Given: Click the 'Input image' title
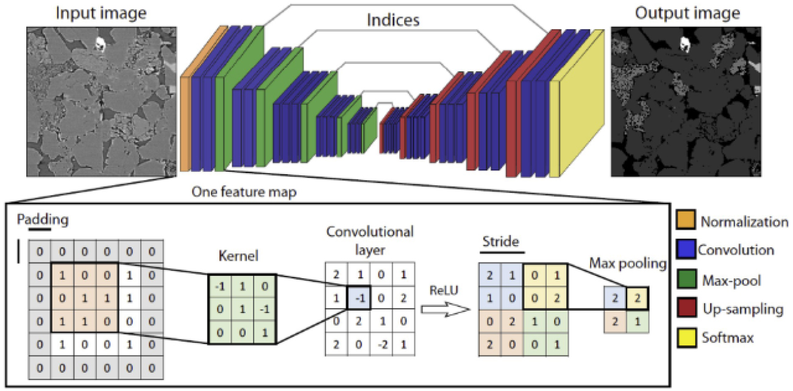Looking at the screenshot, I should point(101,12).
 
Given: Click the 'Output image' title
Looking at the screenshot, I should point(687,12).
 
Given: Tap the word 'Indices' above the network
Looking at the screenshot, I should point(393,19).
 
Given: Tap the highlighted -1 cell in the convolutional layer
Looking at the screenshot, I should point(359,298).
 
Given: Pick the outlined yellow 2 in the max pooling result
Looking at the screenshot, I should point(637,298).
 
